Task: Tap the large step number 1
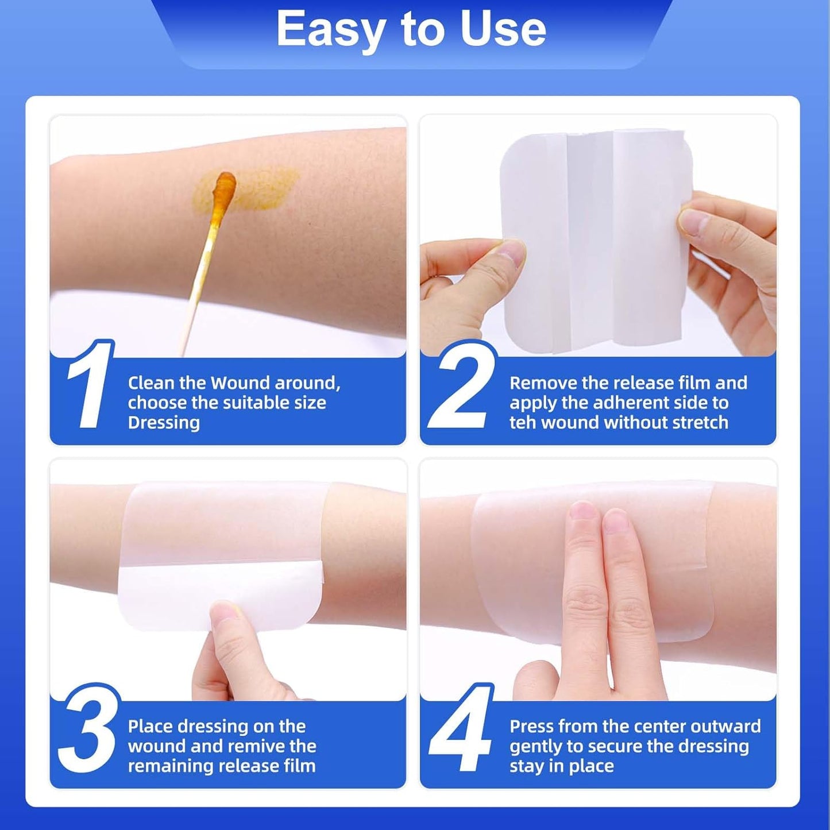[89, 385]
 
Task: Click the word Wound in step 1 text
[241, 383]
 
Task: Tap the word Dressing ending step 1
[164, 422]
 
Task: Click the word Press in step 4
[531, 726]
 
